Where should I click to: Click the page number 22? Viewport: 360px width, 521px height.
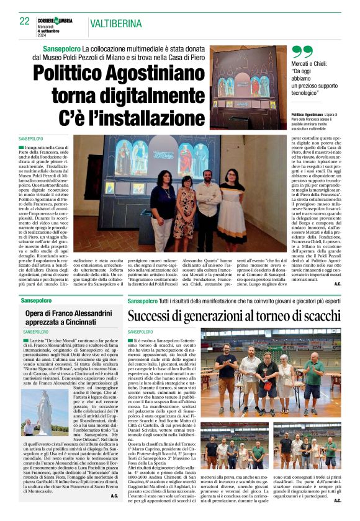(24, 20)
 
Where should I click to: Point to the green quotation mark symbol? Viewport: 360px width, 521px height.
(302, 53)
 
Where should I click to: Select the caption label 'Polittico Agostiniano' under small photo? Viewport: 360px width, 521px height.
(307, 116)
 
